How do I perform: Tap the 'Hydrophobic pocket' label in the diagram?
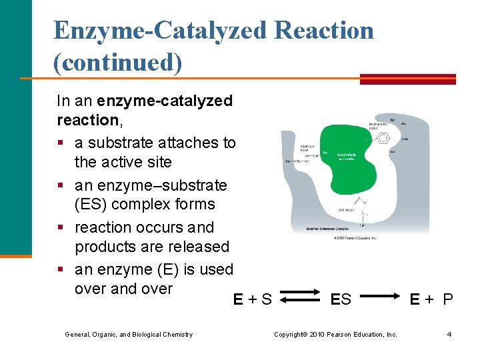click(378, 125)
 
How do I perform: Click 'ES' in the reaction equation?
click(341, 299)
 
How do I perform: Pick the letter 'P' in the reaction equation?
click(447, 299)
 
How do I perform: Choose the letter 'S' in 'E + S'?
click(266, 299)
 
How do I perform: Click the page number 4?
click(449, 334)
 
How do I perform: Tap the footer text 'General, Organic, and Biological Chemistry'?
click(129, 335)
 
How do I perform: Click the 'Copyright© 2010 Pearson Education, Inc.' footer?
click(335, 334)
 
